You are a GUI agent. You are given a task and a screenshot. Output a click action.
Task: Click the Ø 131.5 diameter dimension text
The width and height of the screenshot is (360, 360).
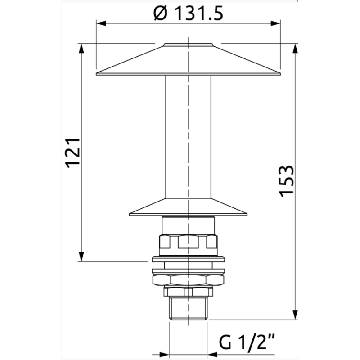click(188, 13)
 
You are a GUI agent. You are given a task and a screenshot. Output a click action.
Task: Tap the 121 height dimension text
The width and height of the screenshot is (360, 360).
click(73, 153)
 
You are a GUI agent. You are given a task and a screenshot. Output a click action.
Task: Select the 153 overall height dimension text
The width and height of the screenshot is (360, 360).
click(286, 181)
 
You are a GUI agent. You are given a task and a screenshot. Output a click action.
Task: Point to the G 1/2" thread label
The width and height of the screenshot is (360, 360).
click(247, 342)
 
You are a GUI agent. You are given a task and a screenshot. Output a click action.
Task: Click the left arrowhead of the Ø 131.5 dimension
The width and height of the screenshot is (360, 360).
click(101, 23)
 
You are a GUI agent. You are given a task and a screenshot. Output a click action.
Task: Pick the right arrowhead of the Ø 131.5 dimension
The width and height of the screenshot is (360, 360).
click(275, 23)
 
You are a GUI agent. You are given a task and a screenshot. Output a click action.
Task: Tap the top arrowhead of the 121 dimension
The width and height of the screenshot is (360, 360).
click(81, 48)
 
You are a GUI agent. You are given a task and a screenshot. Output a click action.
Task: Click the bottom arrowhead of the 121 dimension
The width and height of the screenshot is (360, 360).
click(81, 256)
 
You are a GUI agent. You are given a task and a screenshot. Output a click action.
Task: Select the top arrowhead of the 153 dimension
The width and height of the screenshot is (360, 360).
click(295, 48)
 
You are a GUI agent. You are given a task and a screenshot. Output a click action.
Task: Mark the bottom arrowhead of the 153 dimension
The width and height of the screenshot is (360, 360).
click(295, 315)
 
